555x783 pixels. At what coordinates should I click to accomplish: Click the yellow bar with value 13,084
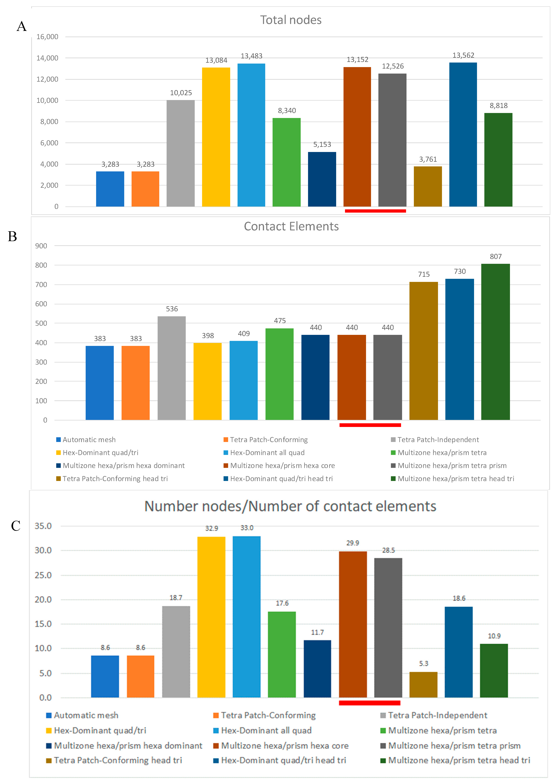216,137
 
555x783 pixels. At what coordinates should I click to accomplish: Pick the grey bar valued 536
172,368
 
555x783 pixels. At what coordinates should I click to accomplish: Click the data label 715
424,274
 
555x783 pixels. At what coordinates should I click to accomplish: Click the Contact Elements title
291,226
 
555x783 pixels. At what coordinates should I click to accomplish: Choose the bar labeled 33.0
246,617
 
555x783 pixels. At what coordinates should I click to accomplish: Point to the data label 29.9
353,543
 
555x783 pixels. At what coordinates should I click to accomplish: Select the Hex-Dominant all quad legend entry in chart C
266,730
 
